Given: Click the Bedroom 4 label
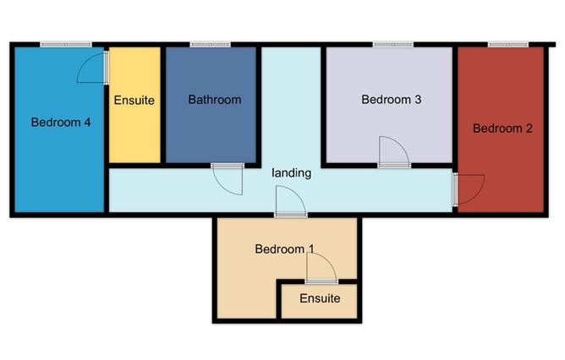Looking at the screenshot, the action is (61, 123).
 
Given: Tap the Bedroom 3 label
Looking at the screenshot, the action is (392, 100).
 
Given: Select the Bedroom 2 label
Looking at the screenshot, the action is (502, 128).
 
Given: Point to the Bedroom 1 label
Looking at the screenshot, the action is (285, 248).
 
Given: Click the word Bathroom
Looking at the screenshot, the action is (215, 100).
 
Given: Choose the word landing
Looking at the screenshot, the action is (292, 172).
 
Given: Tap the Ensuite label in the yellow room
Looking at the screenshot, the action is (134, 100).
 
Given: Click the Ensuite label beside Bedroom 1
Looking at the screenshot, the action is (320, 298).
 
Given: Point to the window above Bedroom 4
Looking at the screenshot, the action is (66, 45).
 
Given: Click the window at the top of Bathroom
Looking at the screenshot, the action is (210, 45).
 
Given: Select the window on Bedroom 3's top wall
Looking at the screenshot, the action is (393, 45).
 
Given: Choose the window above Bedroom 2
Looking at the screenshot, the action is (508, 45).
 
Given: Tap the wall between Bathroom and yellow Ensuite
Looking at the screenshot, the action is (163, 105).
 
